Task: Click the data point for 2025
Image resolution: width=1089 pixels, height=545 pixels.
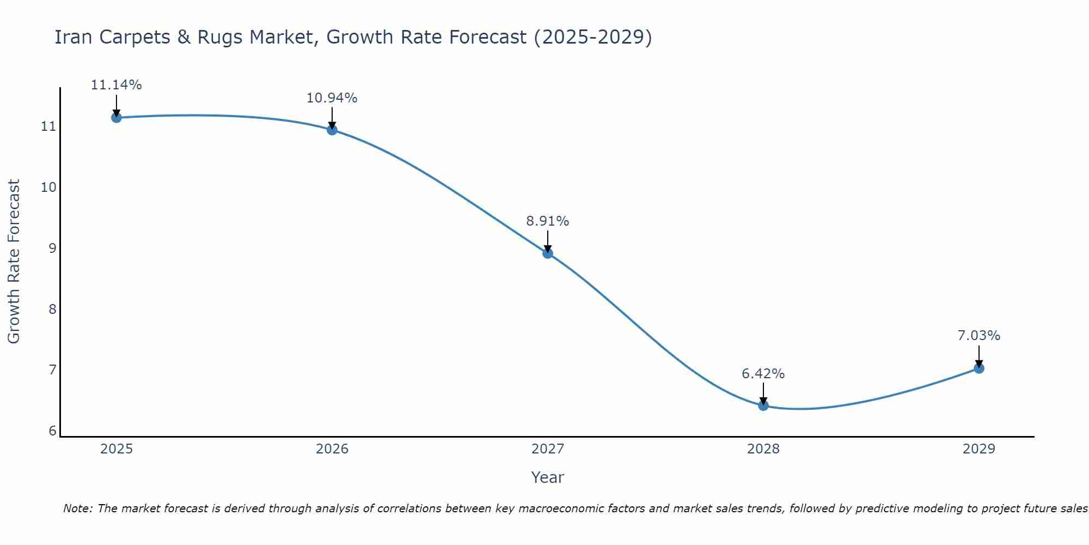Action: tap(116, 117)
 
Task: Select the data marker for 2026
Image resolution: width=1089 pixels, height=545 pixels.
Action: tap(332, 130)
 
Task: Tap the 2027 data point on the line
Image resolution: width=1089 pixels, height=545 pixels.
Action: tap(548, 253)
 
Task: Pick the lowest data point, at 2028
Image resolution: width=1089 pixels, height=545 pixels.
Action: tap(763, 405)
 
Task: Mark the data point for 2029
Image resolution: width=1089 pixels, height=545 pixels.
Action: tap(979, 368)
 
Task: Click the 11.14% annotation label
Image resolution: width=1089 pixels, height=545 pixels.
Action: tap(116, 85)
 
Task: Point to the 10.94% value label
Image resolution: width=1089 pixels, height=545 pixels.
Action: tap(332, 98)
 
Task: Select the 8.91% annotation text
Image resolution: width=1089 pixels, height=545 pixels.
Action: tap(547, 221)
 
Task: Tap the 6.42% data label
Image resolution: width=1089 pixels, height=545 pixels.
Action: tap(763, 374)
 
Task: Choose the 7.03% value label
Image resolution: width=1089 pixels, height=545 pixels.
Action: tap(978, 336)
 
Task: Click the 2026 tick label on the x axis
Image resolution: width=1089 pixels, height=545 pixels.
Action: tap(332, 449)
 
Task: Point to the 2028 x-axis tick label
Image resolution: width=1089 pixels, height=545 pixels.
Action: tap(763, 449)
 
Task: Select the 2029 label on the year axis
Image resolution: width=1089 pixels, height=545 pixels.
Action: tap(979, 449)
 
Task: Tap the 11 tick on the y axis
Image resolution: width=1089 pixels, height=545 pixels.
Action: tap(48, 126)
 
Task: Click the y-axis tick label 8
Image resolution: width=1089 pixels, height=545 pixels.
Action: tap(52, 309)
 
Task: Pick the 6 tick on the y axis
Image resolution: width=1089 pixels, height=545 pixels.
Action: tap(52, 431)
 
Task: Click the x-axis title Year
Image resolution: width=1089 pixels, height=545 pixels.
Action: tap(547, 477)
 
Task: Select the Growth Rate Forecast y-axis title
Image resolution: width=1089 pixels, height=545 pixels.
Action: tap(14, 261)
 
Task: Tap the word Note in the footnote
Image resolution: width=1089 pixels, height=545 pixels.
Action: tap(78, 508)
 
